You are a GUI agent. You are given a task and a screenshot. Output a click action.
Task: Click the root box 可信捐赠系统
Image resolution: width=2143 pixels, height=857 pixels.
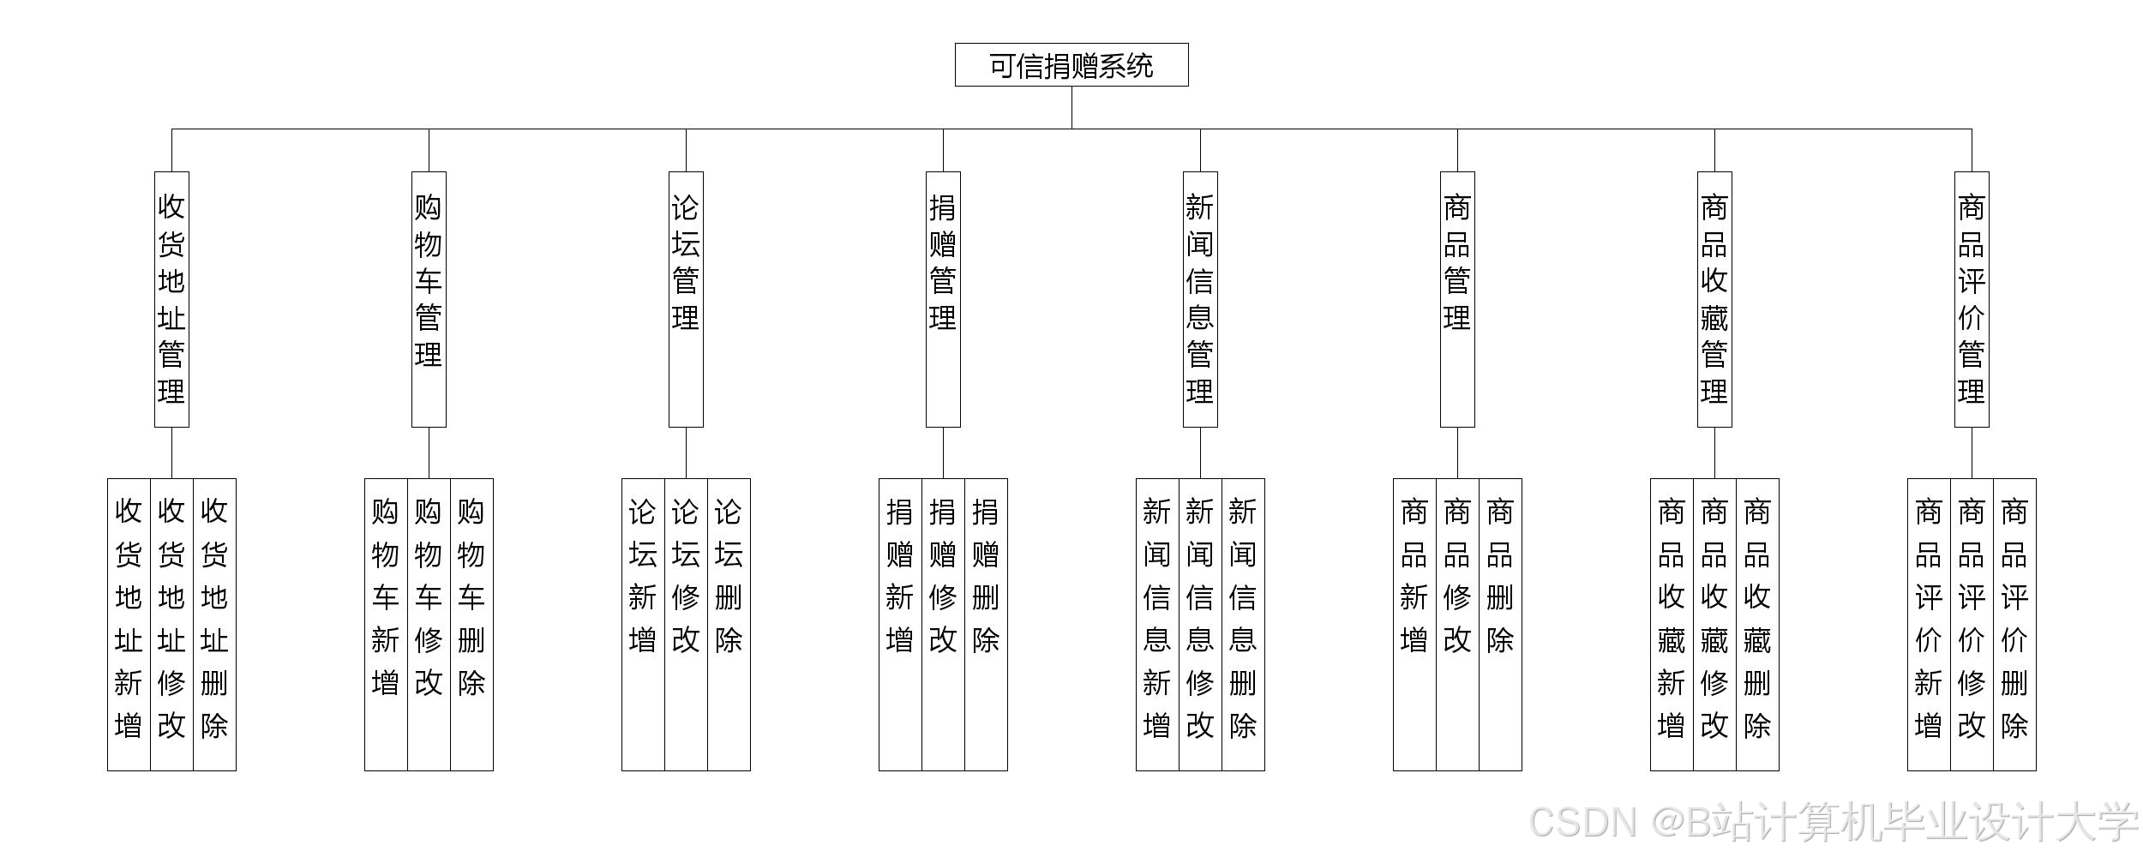click(1071, 65)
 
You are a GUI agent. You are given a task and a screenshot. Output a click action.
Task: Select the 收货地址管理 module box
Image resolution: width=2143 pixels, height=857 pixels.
click(171, 299)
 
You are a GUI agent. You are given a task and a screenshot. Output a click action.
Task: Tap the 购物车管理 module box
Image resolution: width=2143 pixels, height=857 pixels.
click(429, 299)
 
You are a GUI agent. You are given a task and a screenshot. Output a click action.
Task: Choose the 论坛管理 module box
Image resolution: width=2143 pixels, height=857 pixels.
click(686, 299)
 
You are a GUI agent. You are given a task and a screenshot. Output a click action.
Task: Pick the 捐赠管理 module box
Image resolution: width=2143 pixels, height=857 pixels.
click(943, 299)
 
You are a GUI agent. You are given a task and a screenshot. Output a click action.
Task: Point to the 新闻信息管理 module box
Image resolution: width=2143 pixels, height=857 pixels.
click(1200, 299)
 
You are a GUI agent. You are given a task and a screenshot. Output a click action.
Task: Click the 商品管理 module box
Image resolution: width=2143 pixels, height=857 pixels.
click(1457, 299)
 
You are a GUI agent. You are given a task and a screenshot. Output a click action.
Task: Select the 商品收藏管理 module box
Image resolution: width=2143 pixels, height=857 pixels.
click(1714, 299)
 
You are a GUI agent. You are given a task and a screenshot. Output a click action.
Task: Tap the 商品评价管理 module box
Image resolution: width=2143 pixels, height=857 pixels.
click(1972, 299)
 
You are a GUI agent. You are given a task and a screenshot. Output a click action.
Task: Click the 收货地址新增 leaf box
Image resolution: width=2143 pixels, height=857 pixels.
click(129, 624)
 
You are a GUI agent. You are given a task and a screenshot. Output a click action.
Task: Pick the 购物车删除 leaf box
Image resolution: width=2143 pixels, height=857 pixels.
click(471, 624)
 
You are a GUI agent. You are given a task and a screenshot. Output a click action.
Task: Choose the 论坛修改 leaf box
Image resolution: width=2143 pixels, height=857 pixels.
click(686, 624)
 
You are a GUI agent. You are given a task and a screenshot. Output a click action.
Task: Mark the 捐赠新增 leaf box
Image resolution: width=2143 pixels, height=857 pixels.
click(900, 624)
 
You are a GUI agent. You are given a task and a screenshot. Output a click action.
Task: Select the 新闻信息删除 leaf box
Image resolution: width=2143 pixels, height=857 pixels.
click(1243, 624)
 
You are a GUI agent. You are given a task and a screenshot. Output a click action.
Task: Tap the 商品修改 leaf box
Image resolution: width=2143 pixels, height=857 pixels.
click(1457, 624)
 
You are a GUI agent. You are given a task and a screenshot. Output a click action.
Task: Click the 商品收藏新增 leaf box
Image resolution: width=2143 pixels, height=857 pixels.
click(1672, 624)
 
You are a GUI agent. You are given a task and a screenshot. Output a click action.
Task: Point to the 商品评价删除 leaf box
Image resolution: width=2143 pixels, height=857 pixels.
click(2014, 624)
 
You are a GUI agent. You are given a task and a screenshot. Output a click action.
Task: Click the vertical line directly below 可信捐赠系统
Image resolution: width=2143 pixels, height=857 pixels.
click(1071, 107)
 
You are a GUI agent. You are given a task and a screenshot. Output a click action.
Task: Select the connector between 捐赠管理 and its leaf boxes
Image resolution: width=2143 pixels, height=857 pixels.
click(943, 452)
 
